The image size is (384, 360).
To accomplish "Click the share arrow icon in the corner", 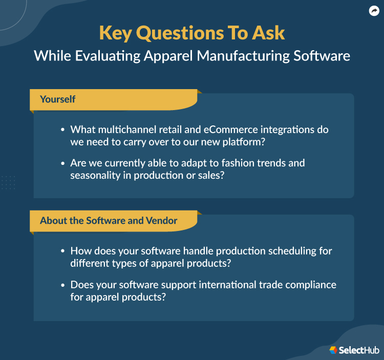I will (x=374, y=11).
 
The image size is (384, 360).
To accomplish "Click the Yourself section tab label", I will (x=58, y=99).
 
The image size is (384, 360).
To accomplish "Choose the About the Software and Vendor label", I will (x=109, y=221).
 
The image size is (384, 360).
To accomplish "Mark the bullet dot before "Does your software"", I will (x=62, y=285).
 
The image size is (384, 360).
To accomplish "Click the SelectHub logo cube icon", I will (x=333, y=350).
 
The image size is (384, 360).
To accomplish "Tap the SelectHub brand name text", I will (x=359, y=350).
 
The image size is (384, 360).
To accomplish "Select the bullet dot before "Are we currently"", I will (x=62, y=163).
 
